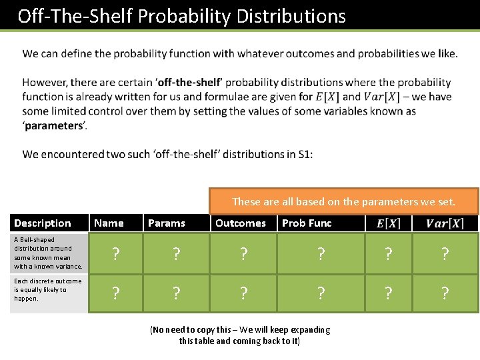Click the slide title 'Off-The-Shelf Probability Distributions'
[x=181, y=16]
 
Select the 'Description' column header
[x=43, y=223]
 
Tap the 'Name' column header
[x=109, y=223]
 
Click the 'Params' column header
[x=167, y=223]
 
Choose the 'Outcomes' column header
[x=241, y=223]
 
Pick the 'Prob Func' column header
[x=307, y=223]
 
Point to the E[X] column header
[x=389, y=223]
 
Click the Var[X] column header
[x=445, y=223]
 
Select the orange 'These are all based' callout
[x=343, y=201]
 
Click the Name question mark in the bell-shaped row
[x=116, y=253]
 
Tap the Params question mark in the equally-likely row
[x=176, y=293]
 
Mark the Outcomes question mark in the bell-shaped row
[x=244, y=253]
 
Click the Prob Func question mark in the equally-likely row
[x=321, y=293]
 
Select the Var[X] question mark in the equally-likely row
[x=445, y=293]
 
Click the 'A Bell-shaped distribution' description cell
[x=48, y=253]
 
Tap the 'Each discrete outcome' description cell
[x=48, y=290]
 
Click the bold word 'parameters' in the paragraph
[x=53, y=126]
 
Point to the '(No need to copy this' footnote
[x=240, y=335]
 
